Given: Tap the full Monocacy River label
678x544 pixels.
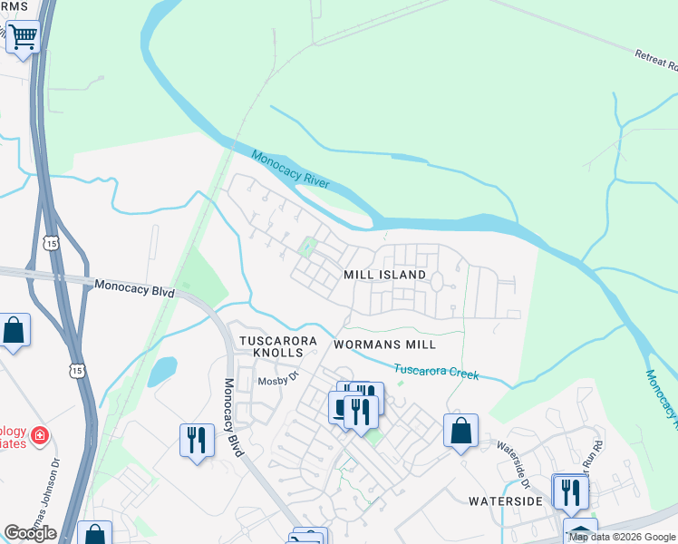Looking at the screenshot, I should [290, 170].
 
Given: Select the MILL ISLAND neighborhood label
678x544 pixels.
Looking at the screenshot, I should [384, 274].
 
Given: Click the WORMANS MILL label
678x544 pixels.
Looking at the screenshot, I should [384, 345].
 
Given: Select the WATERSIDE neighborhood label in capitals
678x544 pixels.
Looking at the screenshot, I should [505, 500].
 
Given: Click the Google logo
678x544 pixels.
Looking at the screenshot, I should [30, 533].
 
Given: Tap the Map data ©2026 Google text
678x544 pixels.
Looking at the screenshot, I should [622, 537].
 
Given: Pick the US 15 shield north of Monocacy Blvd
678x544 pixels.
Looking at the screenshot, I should [50, 243].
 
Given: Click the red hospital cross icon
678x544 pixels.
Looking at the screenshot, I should [39, 436].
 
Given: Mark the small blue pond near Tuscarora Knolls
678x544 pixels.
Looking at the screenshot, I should [162, 370].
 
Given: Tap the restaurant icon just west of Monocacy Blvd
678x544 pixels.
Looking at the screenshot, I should [197, 441].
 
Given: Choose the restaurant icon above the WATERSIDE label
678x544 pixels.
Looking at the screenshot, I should [571, 491].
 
